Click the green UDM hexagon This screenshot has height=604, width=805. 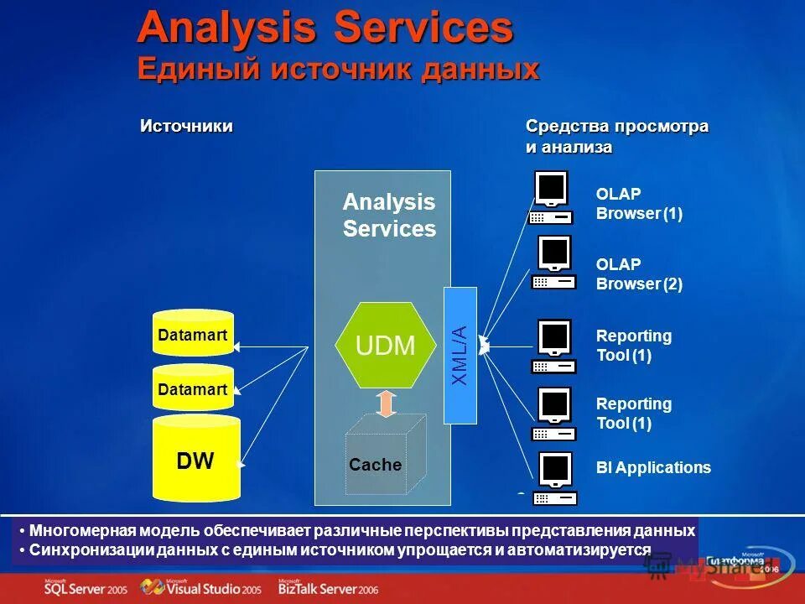click(386, 345)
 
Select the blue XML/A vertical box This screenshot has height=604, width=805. click(460, 355)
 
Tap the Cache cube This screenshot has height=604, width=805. click(382, 456)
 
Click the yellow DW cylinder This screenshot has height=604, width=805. click(195, 458)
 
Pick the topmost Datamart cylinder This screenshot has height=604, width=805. click(193, 334)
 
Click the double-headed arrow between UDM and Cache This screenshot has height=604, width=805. click(386, 403)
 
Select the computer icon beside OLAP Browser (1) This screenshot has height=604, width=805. click(550, 198)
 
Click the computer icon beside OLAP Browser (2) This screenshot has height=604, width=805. click(553, 263)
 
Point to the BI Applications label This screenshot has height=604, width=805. click(653, 468)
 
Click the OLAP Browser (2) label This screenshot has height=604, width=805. click(639, 273)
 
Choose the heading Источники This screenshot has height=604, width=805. click(185, 126)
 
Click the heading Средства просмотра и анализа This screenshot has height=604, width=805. click(616, 136)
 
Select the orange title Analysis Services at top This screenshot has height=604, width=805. click(325, 28)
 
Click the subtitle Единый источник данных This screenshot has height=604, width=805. click(338, 69)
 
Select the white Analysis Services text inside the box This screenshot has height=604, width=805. click(389, 215)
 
